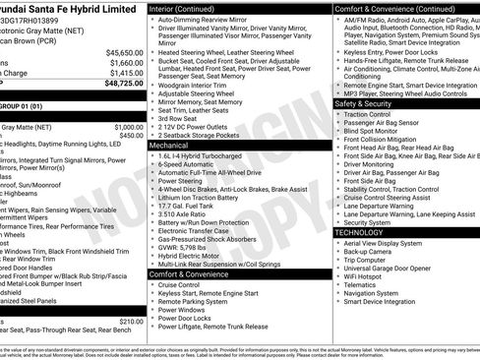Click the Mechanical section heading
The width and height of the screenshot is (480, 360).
(168, 145)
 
